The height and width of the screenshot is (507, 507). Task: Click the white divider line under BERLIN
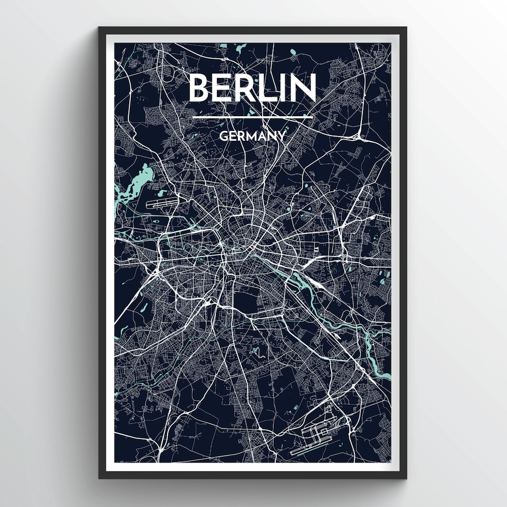click(252, 118)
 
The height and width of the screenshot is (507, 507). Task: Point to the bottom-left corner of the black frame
click(100, 478)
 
